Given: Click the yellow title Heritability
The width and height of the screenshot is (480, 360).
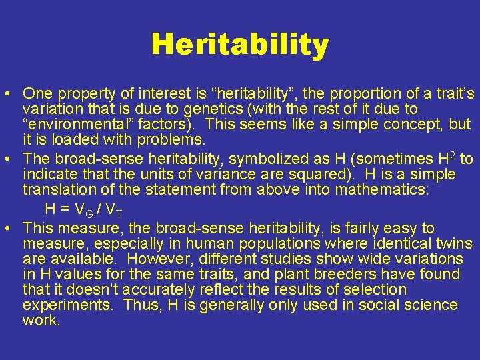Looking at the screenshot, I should pyautogui.click(x=240, y=45).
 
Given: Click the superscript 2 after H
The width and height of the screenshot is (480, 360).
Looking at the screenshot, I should pyautogui.click(x=453, y=155).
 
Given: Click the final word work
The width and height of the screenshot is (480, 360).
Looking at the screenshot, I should pyautogui.click(x=41, y=321).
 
